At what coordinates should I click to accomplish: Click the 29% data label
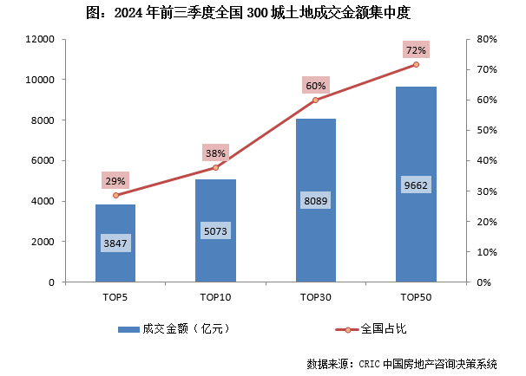pos(115,181)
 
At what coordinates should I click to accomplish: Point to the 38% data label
pos(215,153)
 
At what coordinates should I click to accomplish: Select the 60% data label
pos(316,86)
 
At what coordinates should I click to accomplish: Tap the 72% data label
pos(416,50)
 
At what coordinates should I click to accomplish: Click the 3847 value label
pos(115,243)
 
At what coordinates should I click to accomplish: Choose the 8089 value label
pos(316,201)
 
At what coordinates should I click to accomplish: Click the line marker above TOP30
pos(316,100)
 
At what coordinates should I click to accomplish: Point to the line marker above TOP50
pos(416,64)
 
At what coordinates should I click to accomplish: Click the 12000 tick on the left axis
pos(40,40)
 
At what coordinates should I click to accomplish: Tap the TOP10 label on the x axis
pos(215,297)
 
